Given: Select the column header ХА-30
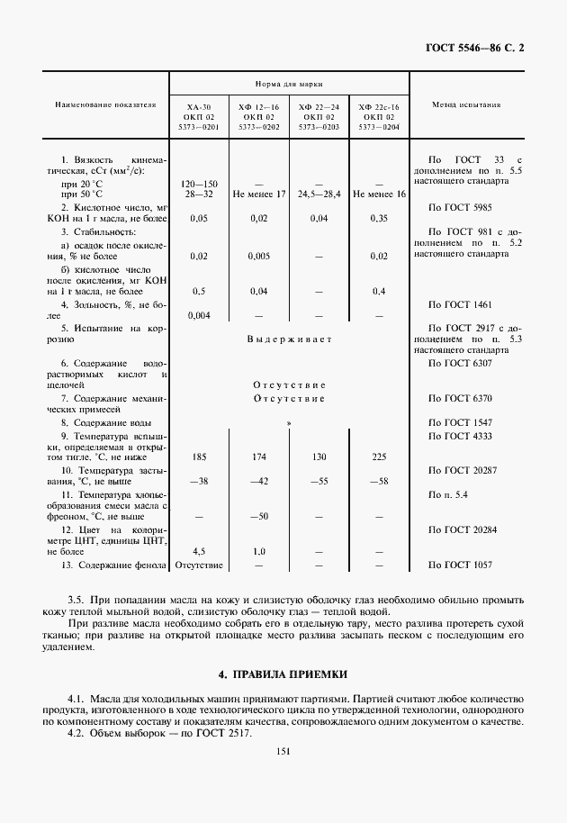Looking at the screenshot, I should tap(199, 107).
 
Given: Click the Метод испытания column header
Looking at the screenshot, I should tap(466, 104).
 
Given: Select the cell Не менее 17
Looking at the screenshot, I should tap(258, 194).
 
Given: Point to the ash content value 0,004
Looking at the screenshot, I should tap(199, 315).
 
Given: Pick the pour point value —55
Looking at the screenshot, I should tap(319, 482).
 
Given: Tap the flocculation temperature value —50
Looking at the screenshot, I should tap(258, 516).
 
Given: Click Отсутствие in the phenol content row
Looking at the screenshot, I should tap(199, 565).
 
